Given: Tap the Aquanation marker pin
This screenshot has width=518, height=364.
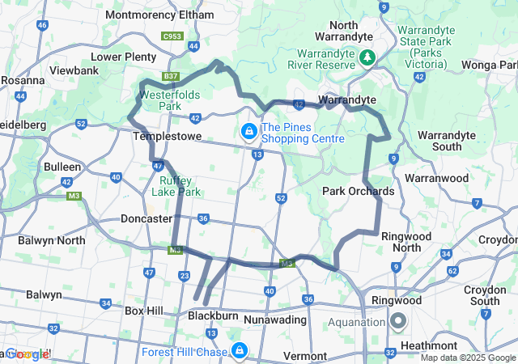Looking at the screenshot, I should click(397, 322).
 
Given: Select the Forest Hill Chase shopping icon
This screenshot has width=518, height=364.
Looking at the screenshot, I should click(239, 351).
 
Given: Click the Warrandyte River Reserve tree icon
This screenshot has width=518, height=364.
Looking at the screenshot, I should click(368, 57).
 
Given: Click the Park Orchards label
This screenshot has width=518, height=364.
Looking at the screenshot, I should click(359, 192).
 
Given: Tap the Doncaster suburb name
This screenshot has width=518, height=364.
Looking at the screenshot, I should click(146, 218).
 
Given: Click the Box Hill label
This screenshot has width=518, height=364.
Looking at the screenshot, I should click(145, 310).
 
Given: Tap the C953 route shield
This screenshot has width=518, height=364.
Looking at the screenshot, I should click(172, 36).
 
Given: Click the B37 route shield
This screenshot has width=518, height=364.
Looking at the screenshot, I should click(170, 76).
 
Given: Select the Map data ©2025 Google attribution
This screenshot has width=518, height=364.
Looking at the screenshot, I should click(468, 358).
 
